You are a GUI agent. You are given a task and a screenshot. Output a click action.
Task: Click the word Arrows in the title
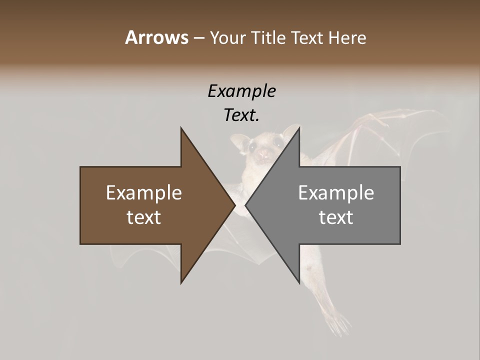pyautogui.click(x=156, y=37)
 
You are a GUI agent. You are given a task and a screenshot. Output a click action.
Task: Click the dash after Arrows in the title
pyautogui.click(x=198, y=38)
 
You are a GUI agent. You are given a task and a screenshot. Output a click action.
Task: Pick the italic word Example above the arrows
pyautogui.click(x=241, y=91)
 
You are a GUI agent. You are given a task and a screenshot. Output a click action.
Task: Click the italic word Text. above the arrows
pyautogui.click(x=241, y=115)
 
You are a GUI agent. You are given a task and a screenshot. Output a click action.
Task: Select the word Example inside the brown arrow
pyautogui.click(x=144, y=193)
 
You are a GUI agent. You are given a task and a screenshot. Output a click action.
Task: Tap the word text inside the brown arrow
pyautogui.click(x=144, y=217)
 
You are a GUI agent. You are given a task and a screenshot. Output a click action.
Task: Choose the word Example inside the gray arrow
pyautogui.click(x=336, y=193)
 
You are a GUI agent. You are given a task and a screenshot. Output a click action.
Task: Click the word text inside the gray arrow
pyautogui.click(x=336, y=217)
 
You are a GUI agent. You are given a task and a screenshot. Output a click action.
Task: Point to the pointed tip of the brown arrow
pyautogui.click(x=235, y=205)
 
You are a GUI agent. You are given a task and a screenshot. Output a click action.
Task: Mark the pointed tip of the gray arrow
pyautogui.click(x=245, y=205)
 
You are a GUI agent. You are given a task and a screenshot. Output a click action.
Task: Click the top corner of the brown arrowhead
pyautogui.click(x=181, y=128)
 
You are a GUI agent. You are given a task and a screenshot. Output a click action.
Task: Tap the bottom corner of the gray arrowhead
pyautogui.click(x=299, y=283)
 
